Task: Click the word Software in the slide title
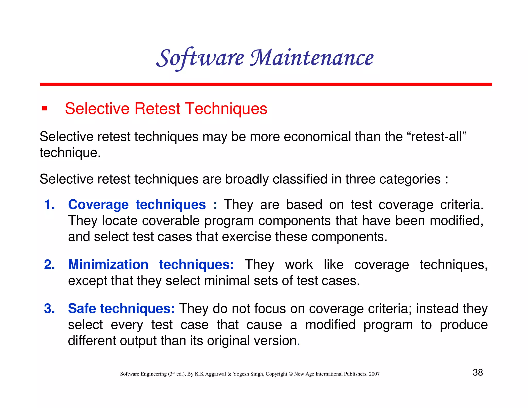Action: click(200, 58)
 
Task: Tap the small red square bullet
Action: click(45, 108)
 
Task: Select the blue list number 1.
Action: click(49, 205)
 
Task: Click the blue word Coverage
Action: click(98, 205)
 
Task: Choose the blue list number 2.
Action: click(49, 265)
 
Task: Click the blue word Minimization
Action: click(108, 265)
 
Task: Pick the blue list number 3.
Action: click(49, 308)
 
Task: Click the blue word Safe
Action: click(82, 308)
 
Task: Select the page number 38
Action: click(477, 372)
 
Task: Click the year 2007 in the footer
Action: click(374, 374)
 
